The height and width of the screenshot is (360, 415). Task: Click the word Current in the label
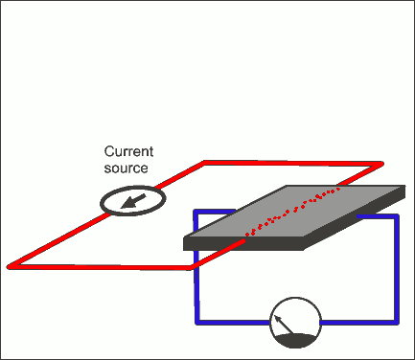[x=127, y=152]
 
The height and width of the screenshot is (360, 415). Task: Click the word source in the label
[x=126, y=168]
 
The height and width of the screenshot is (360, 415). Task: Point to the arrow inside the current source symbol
[x=133, y=200]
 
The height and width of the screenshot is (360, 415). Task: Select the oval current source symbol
[x=133, y=200]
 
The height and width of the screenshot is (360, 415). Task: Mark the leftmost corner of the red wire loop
[x=10, y=264]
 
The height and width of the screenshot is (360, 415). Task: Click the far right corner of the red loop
[x=381, y=164]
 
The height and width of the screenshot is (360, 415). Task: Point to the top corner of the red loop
[x=204, y=162]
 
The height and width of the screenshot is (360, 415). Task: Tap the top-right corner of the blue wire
[x=395, y=216]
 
